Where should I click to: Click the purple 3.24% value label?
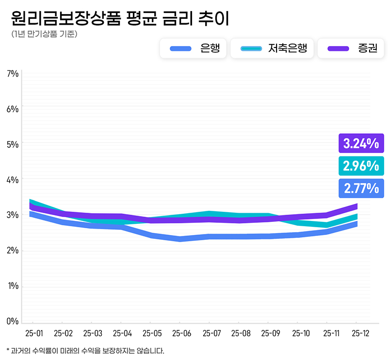click(x=361, y=143)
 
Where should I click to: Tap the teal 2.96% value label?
click(x=361, y=166)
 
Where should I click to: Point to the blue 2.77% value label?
click(x=361, y=188)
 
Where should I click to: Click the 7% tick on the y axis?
click(x=13, y=74)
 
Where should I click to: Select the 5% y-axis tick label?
click(x=13, y=144)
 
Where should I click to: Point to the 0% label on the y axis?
click(x=13, y=321)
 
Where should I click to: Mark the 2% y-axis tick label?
click(x=13, y=250)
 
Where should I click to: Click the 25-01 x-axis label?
click(x=33, y=333)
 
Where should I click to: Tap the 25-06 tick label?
click(x=180, y=333)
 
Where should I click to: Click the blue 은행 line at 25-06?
click(x=180, y=239)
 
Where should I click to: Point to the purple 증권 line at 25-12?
click(x=356, y=206)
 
